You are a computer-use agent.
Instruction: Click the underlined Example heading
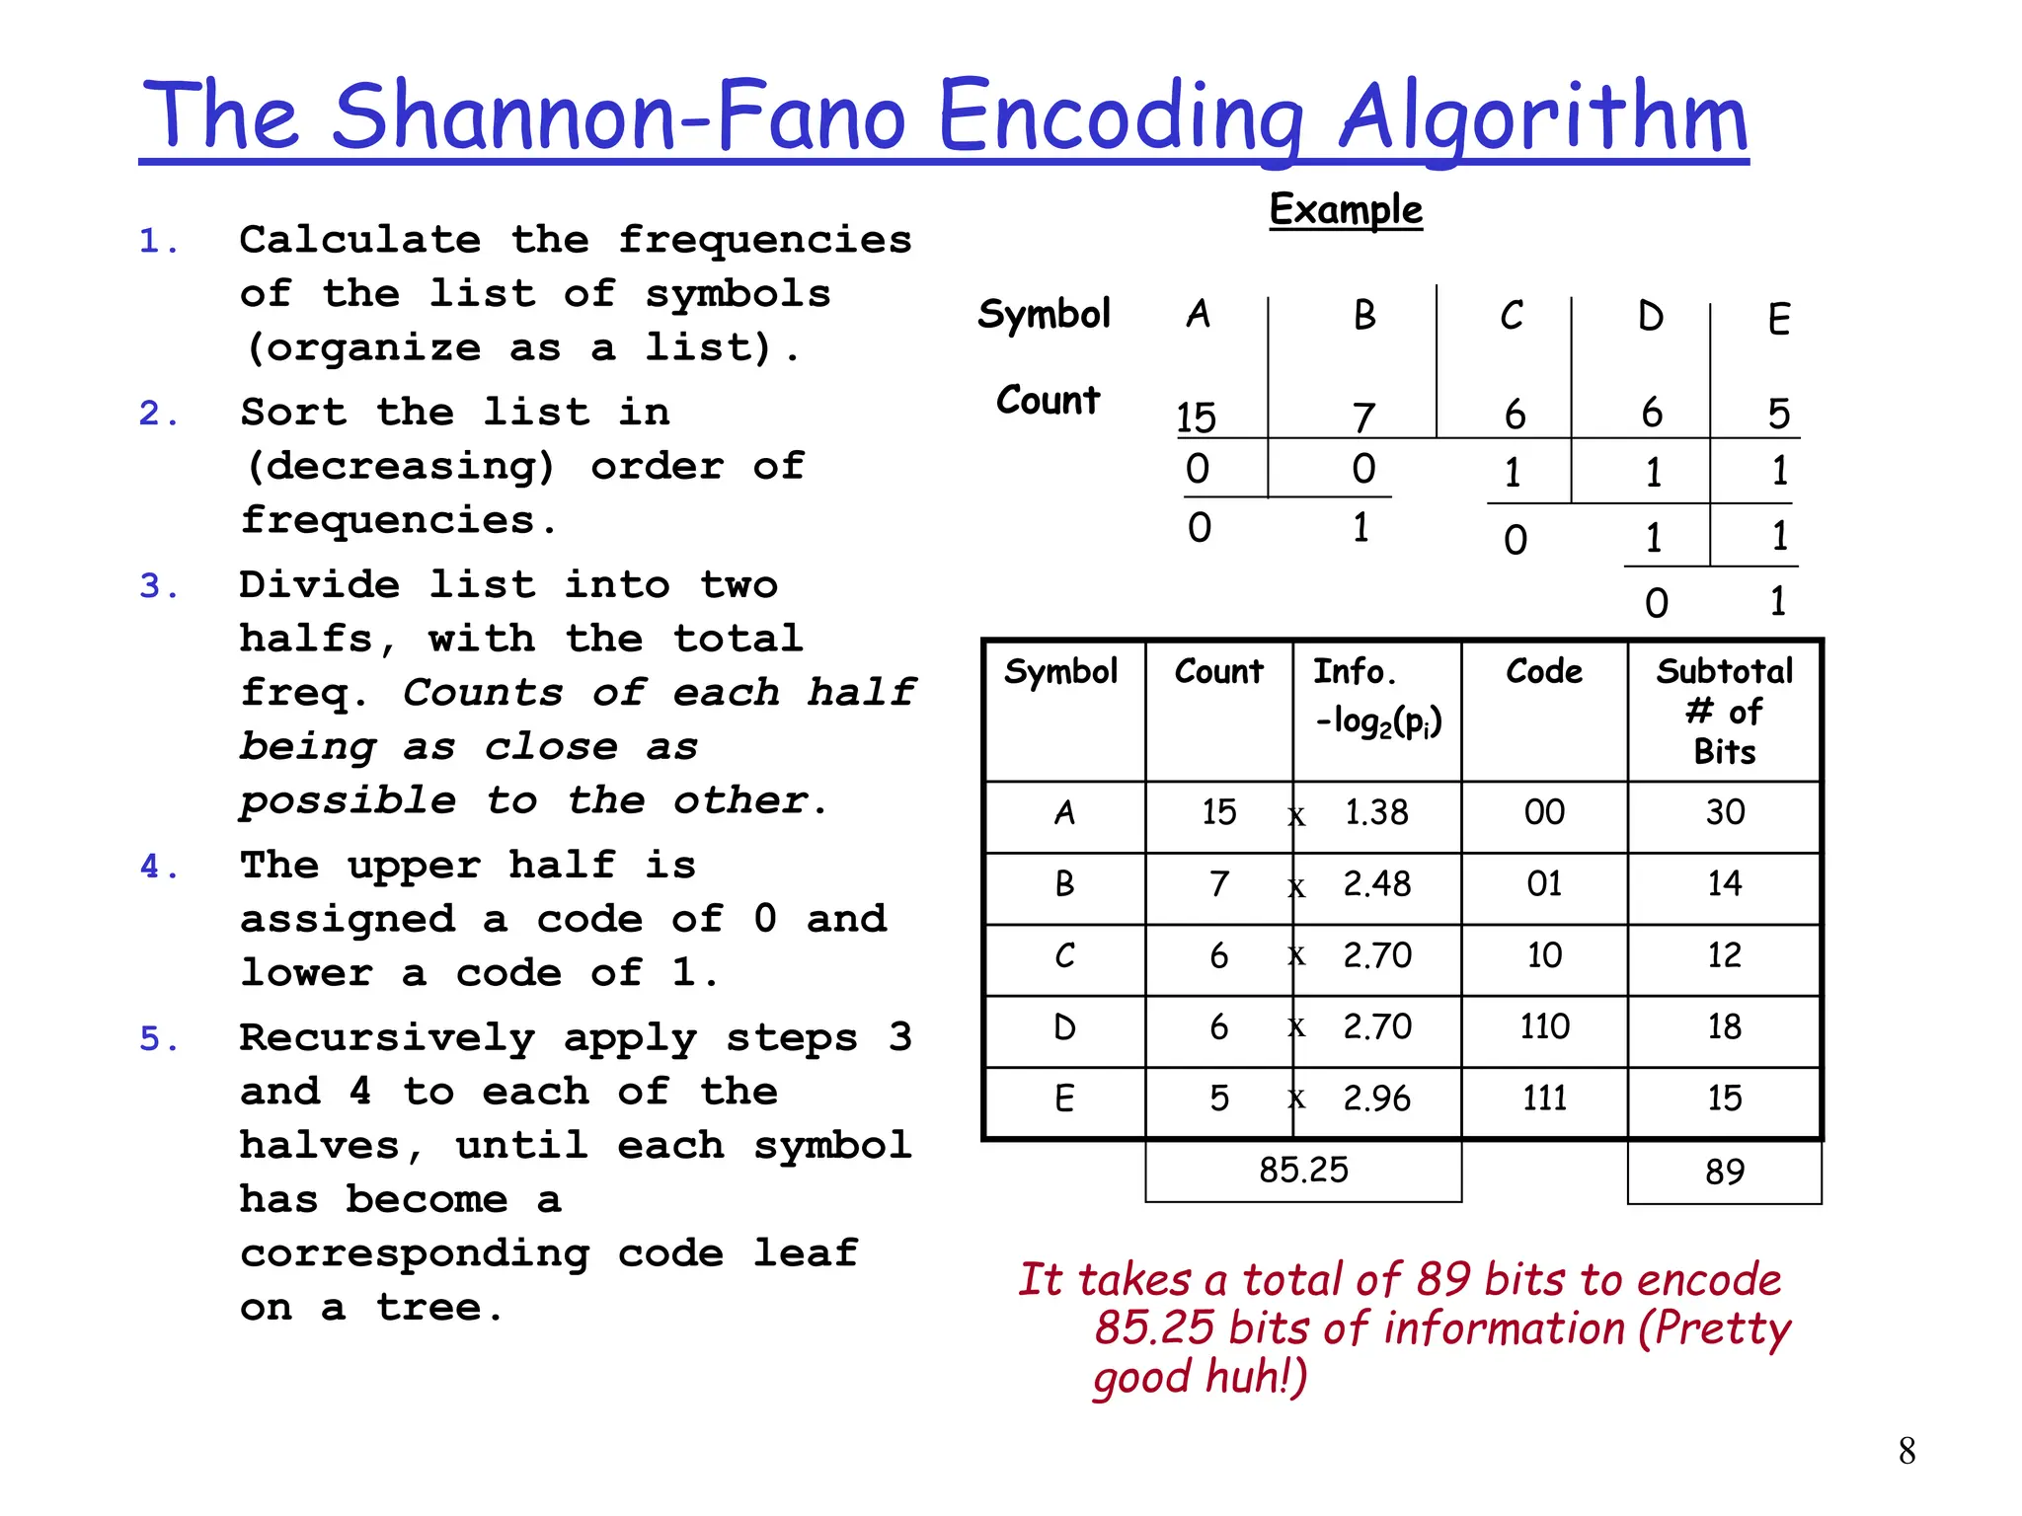click(1346, 209)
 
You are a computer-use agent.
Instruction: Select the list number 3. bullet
click(159, 586)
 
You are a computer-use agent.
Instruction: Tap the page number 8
click(1906, 1451)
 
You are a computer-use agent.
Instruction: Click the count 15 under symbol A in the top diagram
click(1197, 417)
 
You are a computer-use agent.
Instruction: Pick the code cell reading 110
click(1544, 1027)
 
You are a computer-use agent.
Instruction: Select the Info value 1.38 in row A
click(1376, 812)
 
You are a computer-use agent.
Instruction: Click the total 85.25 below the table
click(1303, 1171)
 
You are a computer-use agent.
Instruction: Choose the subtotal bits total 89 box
click(1724, 1172)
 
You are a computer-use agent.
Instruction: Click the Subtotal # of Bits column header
click(1724, 711)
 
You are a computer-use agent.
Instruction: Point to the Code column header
click(1544, 672)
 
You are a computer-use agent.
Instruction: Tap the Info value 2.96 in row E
click(1376, 1099)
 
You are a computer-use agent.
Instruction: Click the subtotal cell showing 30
click(1725, 812)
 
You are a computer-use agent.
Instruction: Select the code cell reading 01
click(1544, 883)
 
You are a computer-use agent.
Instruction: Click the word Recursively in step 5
click(387, 1038)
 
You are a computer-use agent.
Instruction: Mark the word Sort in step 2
click(293, 413)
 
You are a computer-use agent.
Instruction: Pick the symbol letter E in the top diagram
click(1779, 320)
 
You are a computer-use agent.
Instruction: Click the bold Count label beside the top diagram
click(1048, 400)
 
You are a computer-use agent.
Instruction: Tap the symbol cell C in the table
click(1064, 955)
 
